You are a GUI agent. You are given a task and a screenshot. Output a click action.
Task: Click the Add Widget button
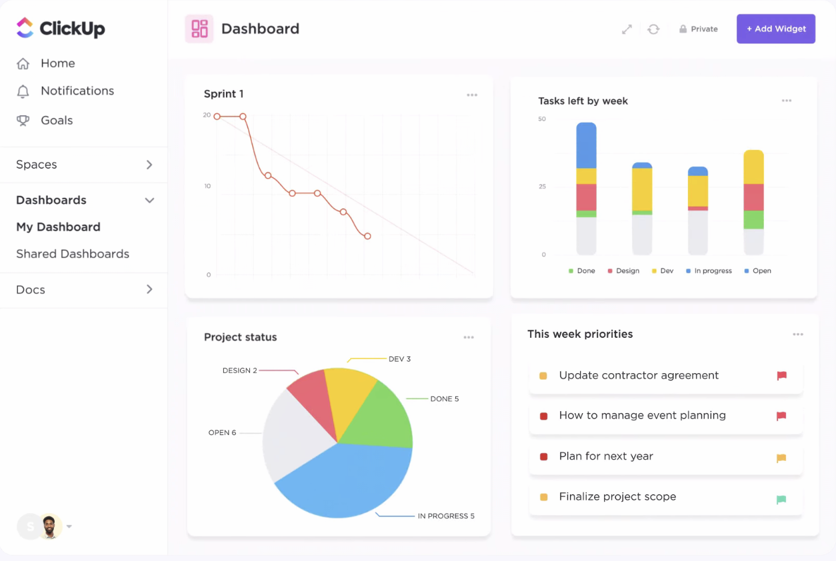point(775,29)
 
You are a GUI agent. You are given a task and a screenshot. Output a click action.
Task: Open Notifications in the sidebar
point(77,91)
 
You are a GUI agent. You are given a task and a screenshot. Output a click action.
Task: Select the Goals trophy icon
point(23,121)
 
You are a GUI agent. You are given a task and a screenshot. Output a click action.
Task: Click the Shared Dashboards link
point(73,254)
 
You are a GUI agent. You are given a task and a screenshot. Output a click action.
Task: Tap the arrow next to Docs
point(149,289)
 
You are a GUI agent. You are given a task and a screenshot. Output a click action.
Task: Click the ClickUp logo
point(61,28)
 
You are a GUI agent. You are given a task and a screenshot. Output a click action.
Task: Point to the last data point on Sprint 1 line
point(367,236)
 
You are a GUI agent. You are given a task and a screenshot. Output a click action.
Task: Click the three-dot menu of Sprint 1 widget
point(472,95)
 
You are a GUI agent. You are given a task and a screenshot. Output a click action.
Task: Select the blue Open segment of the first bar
point(586,145)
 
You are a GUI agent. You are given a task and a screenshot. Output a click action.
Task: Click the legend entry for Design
point(623,271)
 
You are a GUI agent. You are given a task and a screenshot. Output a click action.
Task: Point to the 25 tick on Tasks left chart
point(542,187)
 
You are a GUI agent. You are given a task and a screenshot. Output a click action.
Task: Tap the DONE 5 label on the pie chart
point(444,399)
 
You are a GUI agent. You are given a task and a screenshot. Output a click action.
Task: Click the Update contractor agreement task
point(638,376)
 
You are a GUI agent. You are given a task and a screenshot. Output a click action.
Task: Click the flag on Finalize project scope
point(781,500)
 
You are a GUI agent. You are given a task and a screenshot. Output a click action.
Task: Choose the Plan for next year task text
point(605,456)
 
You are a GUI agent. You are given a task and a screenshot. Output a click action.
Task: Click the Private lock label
point(699,29)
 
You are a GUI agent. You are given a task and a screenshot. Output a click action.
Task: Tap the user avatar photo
point(49,526)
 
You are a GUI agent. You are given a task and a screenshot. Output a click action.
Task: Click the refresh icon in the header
point(653,29)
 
